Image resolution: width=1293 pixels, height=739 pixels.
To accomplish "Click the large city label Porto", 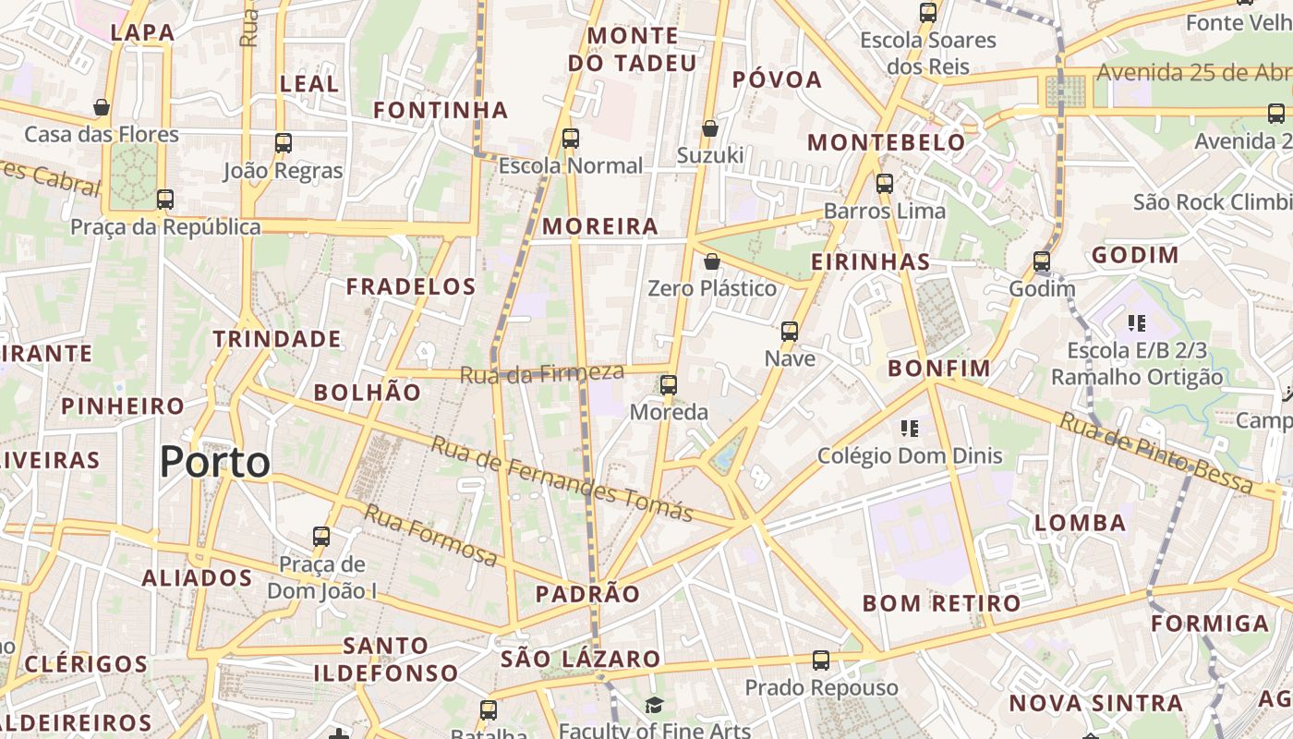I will pos(215,462).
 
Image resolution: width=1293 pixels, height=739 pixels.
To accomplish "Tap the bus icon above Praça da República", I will pos(165,199).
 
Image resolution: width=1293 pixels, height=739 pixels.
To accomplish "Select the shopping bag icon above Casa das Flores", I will pos(102,107).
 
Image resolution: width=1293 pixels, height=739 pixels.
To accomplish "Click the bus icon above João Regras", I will pos(284,143).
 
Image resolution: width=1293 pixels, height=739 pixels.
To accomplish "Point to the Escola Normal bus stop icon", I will pos(571,139).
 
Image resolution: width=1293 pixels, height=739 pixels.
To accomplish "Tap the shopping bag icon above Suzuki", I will pos(709,127).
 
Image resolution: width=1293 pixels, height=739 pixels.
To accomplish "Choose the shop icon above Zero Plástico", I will pos(711,261).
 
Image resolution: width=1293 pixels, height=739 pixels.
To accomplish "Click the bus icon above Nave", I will pos(790,331).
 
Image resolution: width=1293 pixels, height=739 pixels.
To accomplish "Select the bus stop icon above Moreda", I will pos(669,384).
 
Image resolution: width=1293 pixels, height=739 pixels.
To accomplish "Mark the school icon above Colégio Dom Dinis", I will pos(910,428).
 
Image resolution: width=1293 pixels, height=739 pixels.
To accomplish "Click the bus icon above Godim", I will pos(1042,261).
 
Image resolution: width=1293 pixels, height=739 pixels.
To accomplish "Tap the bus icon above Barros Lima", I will pos(885,183).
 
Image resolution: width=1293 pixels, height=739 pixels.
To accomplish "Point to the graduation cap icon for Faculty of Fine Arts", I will pos(654,706).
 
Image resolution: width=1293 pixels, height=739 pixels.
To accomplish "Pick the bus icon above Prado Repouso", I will pos(821,660).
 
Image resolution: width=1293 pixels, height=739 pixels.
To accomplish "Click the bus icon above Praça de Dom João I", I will pos(321,536).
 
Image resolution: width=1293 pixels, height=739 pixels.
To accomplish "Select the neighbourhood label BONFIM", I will pos(939,369).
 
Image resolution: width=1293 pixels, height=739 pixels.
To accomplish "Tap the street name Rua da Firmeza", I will pos(542,374).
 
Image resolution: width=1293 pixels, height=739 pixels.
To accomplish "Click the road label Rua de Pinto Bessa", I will pos(1155,453).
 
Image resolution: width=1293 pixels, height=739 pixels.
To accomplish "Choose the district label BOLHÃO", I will pos(367,392).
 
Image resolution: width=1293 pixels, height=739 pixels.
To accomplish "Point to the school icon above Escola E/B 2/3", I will pos(1137,323).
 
